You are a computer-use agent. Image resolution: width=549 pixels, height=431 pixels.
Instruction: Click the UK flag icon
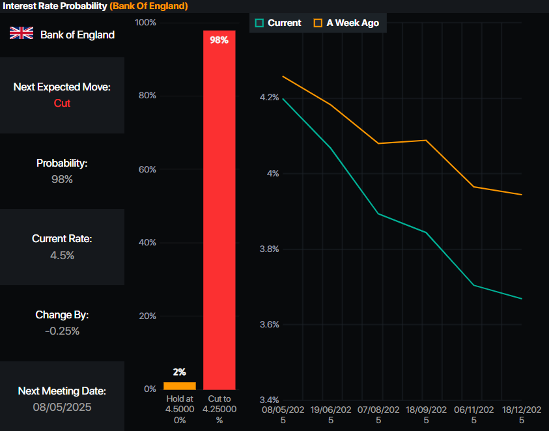click(x=21, y=34)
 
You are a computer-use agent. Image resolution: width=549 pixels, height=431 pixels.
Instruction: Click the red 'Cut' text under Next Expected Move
click(x=62, y=103)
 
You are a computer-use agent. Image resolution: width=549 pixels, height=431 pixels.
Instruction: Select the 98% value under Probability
click(x=62, y=179)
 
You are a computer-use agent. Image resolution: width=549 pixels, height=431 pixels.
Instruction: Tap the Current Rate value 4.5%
click(x=62, y=255)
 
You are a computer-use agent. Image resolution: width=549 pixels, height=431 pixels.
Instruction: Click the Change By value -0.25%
click(x=62, y=331)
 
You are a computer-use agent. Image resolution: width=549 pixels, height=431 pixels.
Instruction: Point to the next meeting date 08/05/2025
click(x=62, y=407)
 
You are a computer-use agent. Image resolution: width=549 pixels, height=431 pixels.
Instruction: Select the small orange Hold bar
click(x=180, y=385)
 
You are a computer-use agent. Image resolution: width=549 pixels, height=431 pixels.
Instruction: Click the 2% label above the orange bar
click(x=180, y=372)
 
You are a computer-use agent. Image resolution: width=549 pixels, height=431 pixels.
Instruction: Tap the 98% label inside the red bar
click(x=219, y=40)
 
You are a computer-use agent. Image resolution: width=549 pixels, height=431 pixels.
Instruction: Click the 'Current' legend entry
click(x=278, y=23)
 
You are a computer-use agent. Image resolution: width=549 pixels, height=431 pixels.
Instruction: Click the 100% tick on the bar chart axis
click(x=145, y=23)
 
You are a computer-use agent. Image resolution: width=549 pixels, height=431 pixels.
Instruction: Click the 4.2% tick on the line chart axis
click(x=269, y=98)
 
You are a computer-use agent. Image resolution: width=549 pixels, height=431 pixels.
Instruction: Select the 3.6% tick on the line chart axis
click(x=269, y=324)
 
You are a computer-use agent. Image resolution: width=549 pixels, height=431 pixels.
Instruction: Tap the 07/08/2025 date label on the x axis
click(x=379, y=415)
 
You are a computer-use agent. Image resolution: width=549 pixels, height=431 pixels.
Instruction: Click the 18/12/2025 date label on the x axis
click(x=522, y=415)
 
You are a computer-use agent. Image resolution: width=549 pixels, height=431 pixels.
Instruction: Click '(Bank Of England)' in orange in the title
click(x=148, y=6)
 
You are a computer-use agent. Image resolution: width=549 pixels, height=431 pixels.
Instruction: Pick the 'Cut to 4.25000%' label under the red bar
click(x=219, y=410)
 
